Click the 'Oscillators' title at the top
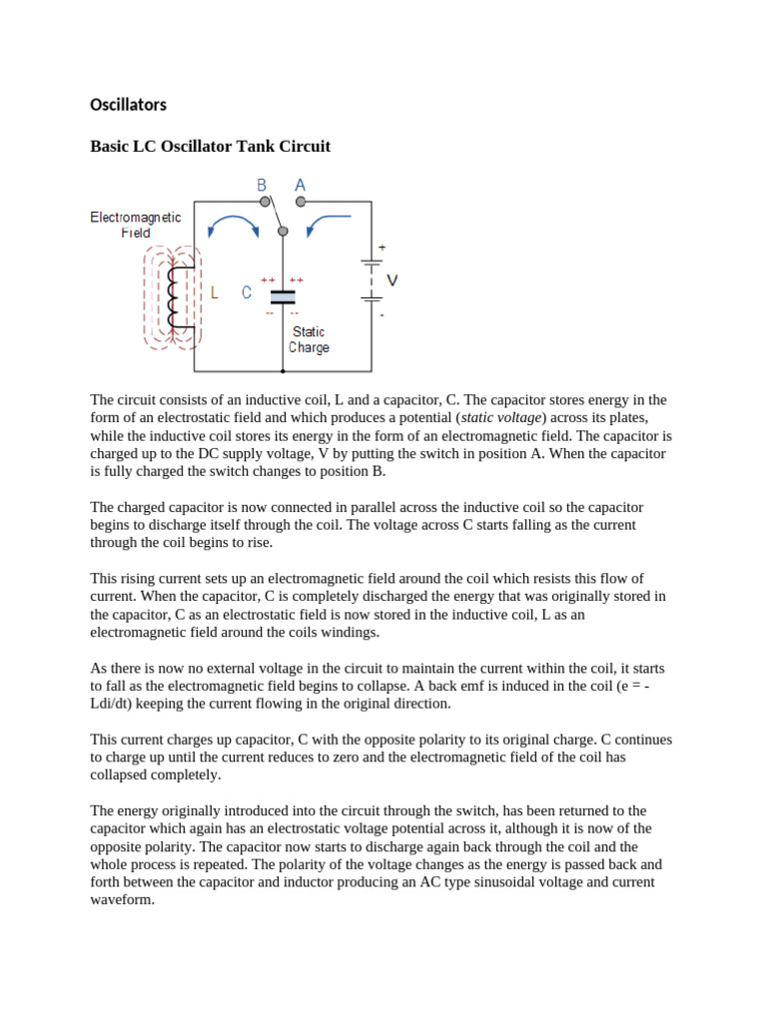pyautogui.click(x=128, y=105)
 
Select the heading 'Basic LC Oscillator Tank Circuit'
pyautogui.click(x=210, y=147)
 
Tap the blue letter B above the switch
pyautogui.click(x=262, y=185)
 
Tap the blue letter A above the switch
pyautogui.click(x=300, y=185)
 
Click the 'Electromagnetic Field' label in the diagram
pyautogui.click(x=136, y=225)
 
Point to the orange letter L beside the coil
pyautogui.click(x=215, y=292)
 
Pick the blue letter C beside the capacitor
pyautogui.click(x=246, y=292)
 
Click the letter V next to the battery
pyautogui.click(x=391, y=281)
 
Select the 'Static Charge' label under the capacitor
pyautogui.click(x=309, y=339)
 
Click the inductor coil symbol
pyautogui.click(x=177, y=297)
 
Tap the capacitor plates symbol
pyautogui.click(x=283, y=296)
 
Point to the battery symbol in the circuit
pyautogui.click(x=372, y=280)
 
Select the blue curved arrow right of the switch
pyautogui.click(x=327, y=225)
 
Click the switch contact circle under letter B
pyautogui.click(x=265, y=202)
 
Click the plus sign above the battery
pyautogui.click(x=382, y=247)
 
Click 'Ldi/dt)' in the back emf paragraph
pyautogui.click(x=120, y=704)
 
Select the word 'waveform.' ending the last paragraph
pyautogui.click(x=122, y=899)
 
